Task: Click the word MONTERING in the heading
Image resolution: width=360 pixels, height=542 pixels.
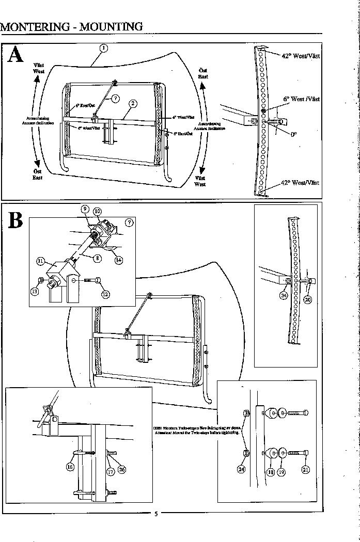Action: pos(34,26)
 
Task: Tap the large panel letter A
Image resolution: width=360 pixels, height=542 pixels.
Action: pos(16,55)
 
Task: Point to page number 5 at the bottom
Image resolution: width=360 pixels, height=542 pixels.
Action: pos(156,514)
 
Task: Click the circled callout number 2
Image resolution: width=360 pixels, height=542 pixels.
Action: pos(133,103)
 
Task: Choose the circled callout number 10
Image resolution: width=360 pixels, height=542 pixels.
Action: pos(97,211)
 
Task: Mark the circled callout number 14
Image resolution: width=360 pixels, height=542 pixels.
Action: pos(119,260)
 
